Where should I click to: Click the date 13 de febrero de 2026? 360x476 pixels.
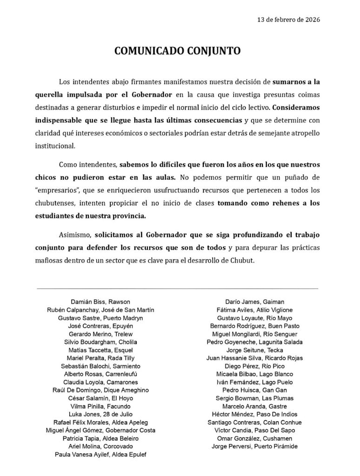point(288,20)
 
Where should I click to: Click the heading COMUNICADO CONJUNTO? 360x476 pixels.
point(178,51)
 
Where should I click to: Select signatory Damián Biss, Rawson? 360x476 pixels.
point(100,302)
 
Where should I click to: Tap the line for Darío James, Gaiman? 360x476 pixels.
point(254,302)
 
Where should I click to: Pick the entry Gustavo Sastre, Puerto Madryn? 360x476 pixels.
point(100,318)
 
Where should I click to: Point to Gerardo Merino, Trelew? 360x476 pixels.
point(100,334)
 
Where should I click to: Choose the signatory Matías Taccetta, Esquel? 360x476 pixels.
point(100,350)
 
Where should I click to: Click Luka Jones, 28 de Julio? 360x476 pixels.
point(100,414)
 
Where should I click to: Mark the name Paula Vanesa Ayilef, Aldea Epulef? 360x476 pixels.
point(100,454)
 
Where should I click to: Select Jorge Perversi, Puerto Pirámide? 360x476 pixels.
point(254,446)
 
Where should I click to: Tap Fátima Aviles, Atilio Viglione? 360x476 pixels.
point(254,310)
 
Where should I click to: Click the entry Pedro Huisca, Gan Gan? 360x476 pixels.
point(254,390)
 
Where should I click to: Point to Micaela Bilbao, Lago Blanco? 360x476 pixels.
point(254,374)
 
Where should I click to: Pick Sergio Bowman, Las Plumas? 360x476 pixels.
point(254,398)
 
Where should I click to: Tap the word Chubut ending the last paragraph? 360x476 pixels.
point(242,261)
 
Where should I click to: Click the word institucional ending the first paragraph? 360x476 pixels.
point(54,145)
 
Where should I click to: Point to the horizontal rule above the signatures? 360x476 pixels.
point(178,289)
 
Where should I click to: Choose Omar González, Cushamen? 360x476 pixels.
point(254,438)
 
